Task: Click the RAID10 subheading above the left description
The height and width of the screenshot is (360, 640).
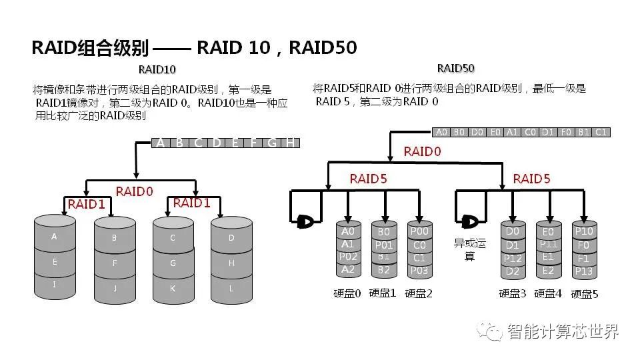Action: pos(157,69)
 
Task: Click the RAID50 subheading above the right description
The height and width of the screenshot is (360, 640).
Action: pos(455,68)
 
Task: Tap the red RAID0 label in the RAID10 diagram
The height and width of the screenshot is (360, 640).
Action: pos(134,191)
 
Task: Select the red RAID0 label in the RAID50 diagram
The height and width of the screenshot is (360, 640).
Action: pos(422,151)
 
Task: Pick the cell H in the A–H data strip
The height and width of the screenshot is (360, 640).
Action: pos(290,143)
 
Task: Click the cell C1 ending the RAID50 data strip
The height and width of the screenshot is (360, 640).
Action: pos(601,132)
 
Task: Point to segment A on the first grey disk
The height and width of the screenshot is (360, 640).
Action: pos(54,237)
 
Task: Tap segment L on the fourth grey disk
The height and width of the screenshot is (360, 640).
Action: pos(231,288)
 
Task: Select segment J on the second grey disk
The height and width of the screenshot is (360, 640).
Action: pos(115,288)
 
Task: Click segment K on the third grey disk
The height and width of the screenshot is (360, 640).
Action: pos(173,288)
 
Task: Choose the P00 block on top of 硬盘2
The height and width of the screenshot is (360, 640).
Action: pos(419,231)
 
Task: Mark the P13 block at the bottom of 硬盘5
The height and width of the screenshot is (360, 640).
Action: pos(584,271)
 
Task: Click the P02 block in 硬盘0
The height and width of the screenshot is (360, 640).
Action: pos(347,257)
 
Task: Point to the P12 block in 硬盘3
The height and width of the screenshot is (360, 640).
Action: pos(512,258)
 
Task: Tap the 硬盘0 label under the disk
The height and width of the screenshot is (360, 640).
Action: pos(347,293)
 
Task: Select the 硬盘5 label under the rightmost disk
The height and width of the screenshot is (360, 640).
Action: pos(584,293)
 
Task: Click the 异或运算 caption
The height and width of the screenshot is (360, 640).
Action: pos(470,249)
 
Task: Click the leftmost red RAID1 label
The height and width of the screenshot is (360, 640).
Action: pos(86,205)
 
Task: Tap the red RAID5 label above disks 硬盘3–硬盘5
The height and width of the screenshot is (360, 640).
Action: pos(531,179)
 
